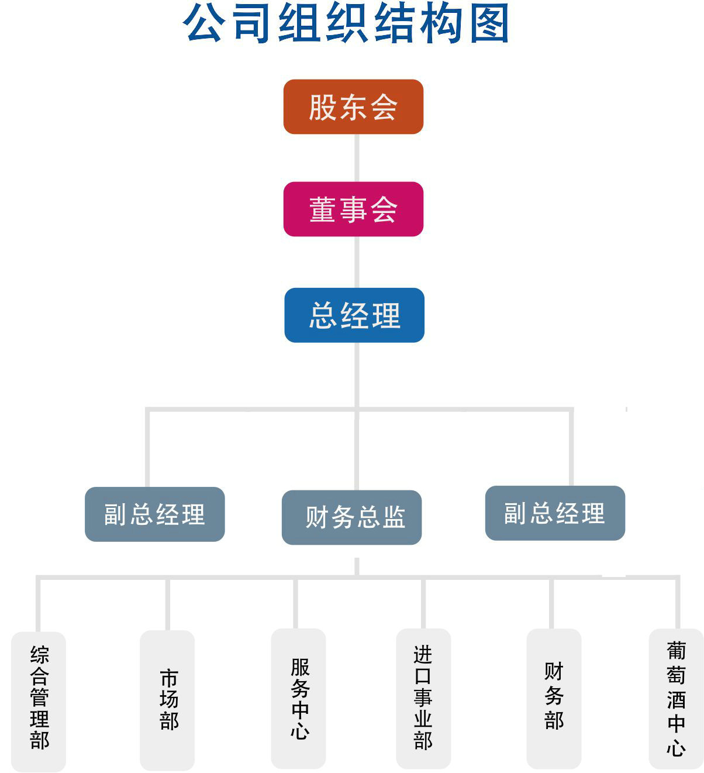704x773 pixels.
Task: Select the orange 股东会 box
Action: click(353, 107)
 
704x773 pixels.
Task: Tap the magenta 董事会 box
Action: click(353, 209)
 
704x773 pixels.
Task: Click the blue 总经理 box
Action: click(354, 315)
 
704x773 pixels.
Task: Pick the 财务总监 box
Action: click(352, 517)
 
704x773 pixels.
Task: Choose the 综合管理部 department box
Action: click(39, 700)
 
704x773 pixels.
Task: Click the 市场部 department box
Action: click(167, 700)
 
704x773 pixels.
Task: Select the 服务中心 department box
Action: click(298, 698)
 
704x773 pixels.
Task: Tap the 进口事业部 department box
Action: click(423, 699)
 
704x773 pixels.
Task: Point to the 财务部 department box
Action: click(554, 698)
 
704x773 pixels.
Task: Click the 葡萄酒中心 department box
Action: click(676, 699)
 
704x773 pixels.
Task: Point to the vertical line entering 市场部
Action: click(168, 604)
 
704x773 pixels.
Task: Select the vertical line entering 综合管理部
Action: click(38, 604)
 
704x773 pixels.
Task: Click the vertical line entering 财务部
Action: click(552, 603)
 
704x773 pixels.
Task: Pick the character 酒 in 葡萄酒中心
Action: click(676, 700)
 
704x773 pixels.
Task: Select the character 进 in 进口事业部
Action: click(423, 654)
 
